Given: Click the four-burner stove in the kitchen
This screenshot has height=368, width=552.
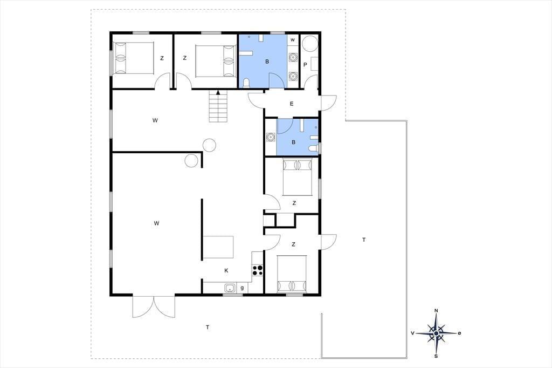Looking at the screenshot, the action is click(x=257, y=270).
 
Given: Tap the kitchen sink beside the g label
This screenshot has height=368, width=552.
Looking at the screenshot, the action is click(x=230, y=288).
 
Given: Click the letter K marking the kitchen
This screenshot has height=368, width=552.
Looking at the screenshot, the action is click(x=226, y=271).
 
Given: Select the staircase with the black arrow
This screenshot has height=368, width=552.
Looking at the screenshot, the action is click(x=218, y=106).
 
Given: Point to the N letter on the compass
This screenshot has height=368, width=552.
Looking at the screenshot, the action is click(x=436, y=311).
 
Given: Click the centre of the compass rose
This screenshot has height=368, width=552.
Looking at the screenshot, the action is click(x=436, y=333).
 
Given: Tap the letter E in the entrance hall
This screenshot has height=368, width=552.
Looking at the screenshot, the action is click(x=292, y=104).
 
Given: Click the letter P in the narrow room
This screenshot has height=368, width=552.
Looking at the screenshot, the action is click(x=305, y=65).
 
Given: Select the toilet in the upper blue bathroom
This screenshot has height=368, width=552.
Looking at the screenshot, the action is click(x=246, y=83).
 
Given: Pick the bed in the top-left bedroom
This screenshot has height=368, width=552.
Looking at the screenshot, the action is click(x=134, y=58).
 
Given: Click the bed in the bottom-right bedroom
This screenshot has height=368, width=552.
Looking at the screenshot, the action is click(x=292, y=274).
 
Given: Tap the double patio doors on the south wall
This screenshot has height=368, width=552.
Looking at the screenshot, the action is click(x=154, y=306).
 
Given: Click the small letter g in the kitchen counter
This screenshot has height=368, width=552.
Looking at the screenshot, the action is click(x=242, y=288).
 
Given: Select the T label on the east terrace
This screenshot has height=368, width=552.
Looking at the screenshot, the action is click(x=364, y=240).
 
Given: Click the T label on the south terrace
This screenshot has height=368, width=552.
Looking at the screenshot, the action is click(x=208, y=328).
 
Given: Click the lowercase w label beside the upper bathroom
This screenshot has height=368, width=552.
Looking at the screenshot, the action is click(x=293, y=40).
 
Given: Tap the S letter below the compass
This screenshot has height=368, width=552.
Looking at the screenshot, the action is click(x=436, y=356).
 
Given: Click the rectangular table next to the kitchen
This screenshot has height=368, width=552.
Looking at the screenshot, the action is click(x=218, y=247).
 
